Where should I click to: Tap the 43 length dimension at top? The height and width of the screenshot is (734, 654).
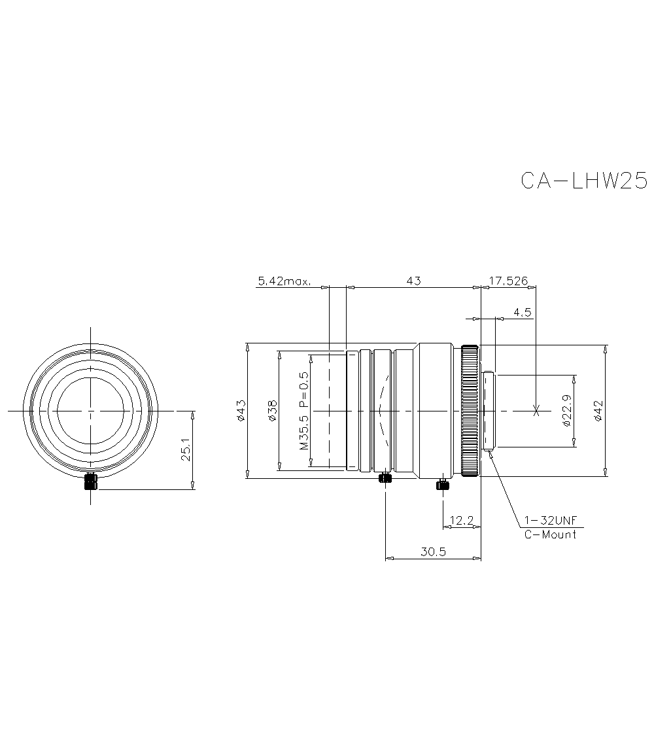coord(413,281)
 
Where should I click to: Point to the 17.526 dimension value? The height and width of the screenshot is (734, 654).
coord(508,281)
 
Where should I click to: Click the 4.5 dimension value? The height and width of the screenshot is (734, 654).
coord(522,313)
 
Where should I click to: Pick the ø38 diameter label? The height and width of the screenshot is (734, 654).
coord(272,410)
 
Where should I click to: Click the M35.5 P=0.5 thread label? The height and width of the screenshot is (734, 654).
coord(303,410)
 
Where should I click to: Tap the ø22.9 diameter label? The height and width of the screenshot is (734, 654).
coord(567,411)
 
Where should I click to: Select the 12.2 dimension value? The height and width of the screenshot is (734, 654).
coord(462,521)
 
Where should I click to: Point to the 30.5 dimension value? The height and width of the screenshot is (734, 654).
coord(433,552)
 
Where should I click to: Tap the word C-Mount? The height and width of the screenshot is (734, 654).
coord(551,534)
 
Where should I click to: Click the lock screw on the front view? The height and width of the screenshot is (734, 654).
coord(90,482)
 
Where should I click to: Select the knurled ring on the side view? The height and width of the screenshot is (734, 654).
coord(469,411)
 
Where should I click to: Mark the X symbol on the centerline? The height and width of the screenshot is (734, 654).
coord(536,411)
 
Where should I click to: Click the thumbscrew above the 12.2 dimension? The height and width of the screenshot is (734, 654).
coord(443,485)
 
